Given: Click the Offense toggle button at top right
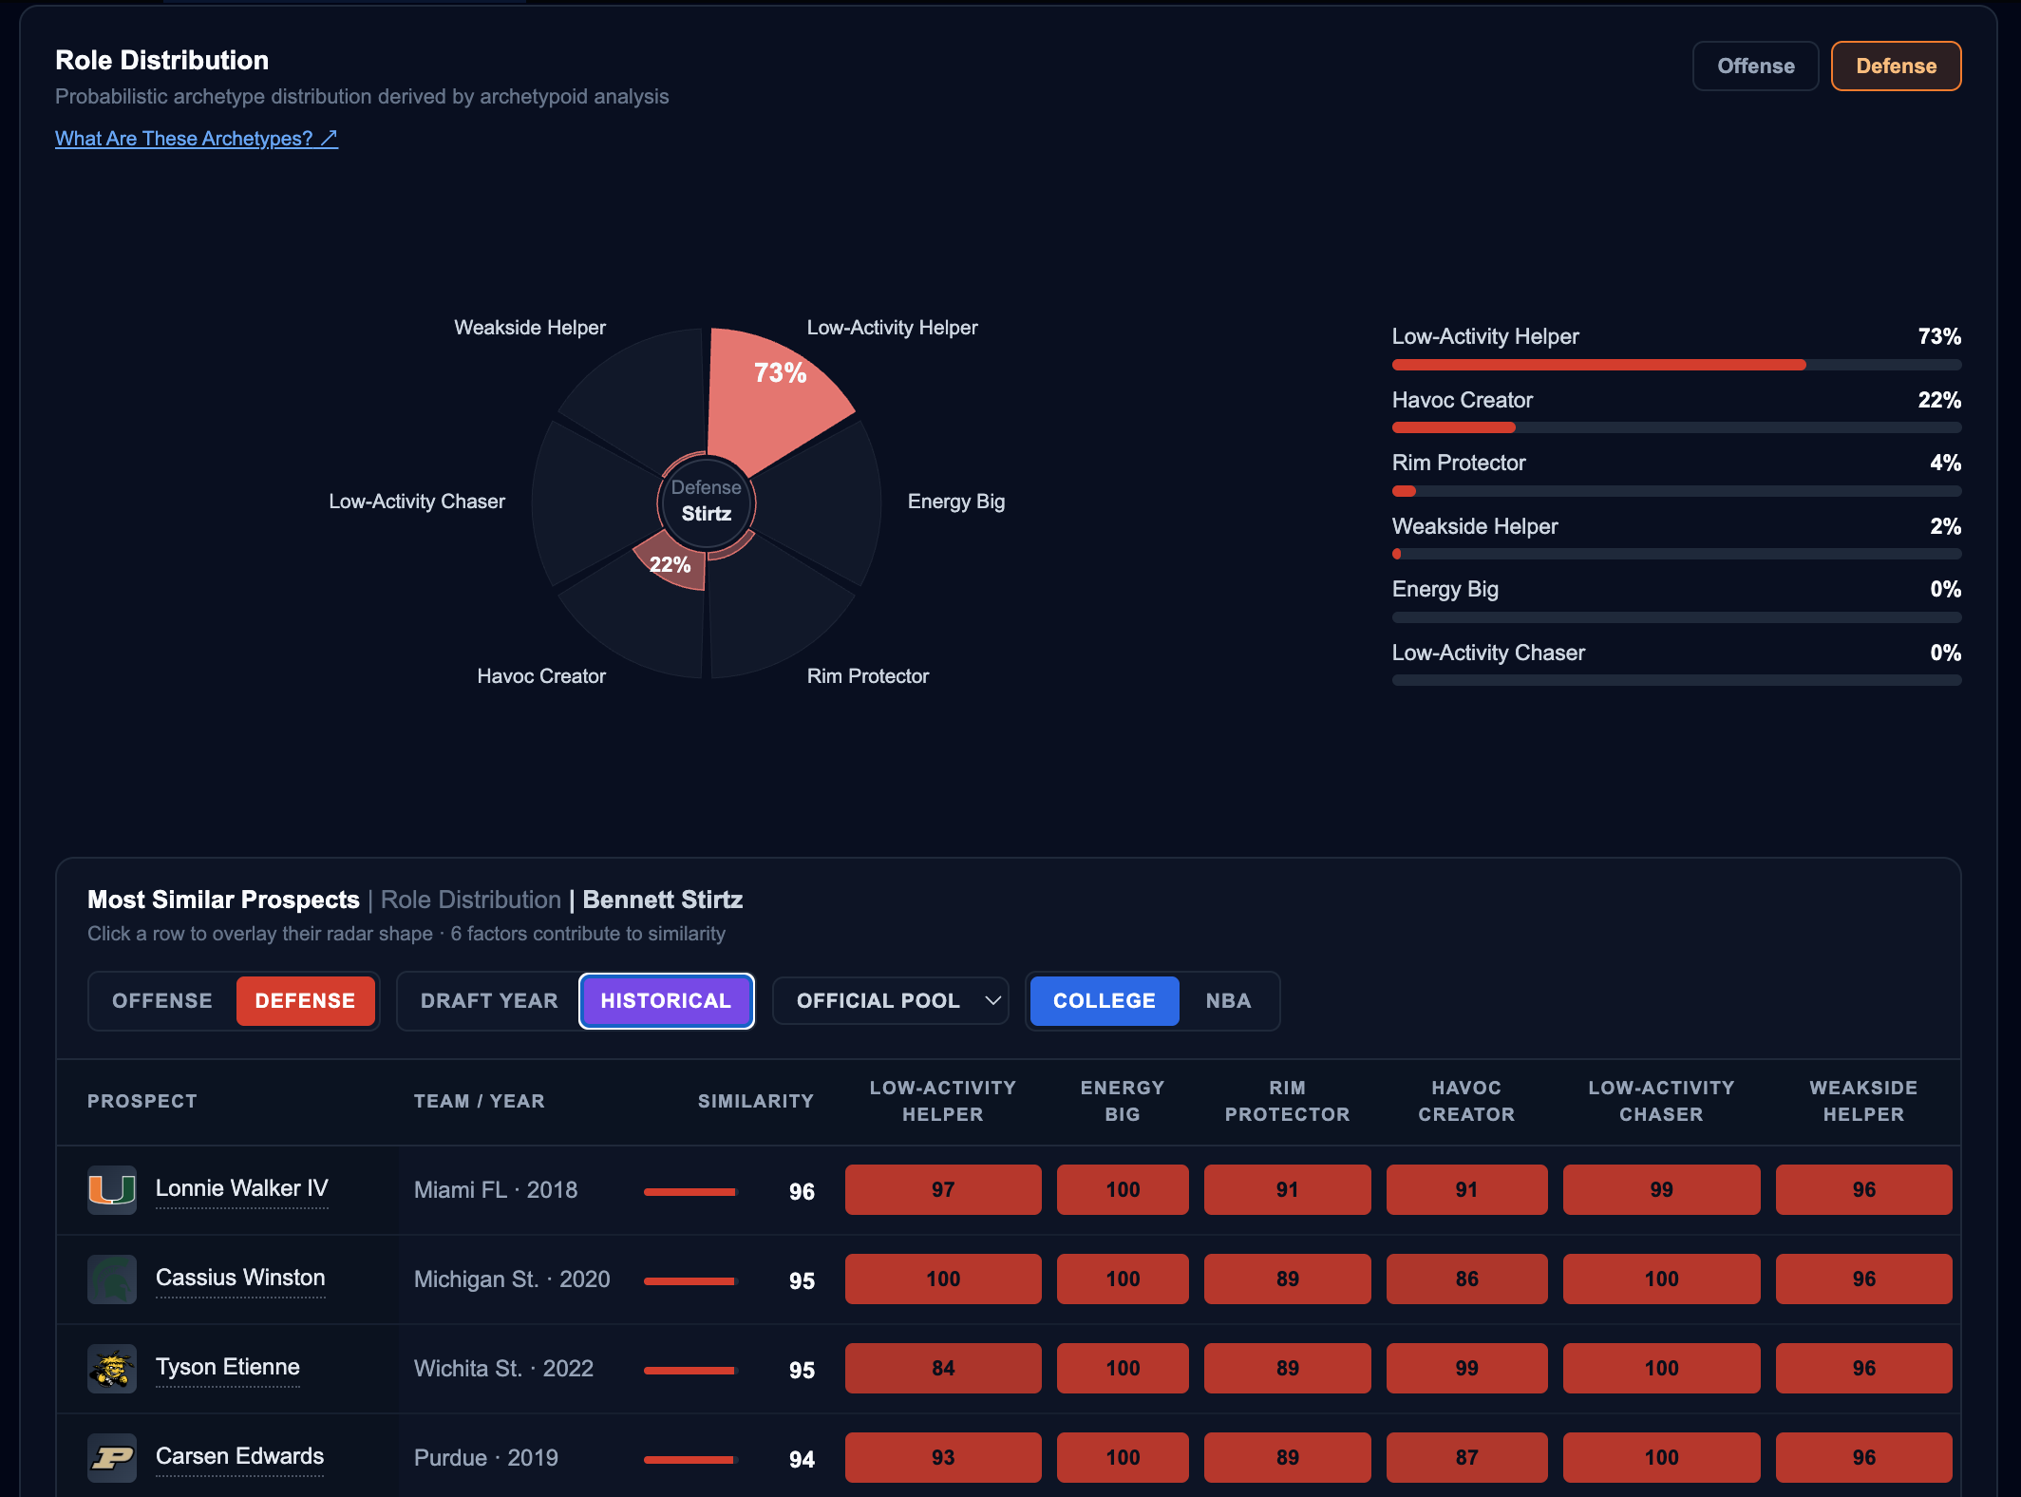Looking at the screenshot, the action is coord(1755,66).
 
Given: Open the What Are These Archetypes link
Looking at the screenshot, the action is coord(197,139).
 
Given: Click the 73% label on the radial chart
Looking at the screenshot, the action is coord(780,372).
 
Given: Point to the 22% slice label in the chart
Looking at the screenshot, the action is coord(670,564).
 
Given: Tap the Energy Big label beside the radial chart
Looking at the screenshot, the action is coord(955,502).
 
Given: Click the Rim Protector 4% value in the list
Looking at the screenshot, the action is coord(1945,463).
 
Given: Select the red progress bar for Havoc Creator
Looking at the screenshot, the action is coord(1453,427).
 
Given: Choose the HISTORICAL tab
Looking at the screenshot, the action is coord(666,1001).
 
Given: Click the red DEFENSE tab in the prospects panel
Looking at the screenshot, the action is coord(305,1001).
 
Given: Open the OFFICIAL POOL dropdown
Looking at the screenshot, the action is coord(890,1001).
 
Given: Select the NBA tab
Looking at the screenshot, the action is coord(1228,1001).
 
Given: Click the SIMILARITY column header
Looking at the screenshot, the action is coord(756,1101).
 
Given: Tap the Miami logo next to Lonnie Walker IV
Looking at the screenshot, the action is coord(112,1189).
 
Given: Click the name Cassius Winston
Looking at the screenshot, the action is coord(240,1278).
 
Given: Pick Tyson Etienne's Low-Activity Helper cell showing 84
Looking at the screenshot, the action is coord(943,1368).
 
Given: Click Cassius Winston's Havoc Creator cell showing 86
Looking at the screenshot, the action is coord(1466,1279).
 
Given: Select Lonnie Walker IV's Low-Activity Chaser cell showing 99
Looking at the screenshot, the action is coord(1661,1189).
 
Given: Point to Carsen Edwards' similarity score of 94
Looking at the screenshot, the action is coord(802,1459).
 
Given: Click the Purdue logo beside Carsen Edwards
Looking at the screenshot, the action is coord(112,1458).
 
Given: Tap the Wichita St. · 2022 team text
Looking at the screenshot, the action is coord(503,1369).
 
